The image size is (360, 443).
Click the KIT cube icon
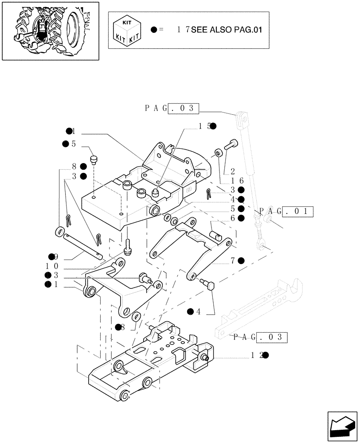point(127,30)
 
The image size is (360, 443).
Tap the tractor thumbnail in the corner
point(50,30)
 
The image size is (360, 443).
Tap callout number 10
point(52,266)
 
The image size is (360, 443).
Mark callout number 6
point(232,218)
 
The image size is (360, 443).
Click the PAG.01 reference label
point(286,211)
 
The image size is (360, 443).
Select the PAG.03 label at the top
point(171,109)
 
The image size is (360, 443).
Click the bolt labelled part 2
point(232,144)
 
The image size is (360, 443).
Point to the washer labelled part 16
point(219,153)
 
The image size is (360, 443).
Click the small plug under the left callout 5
point(94,159)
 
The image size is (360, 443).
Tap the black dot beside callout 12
point(266,355)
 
